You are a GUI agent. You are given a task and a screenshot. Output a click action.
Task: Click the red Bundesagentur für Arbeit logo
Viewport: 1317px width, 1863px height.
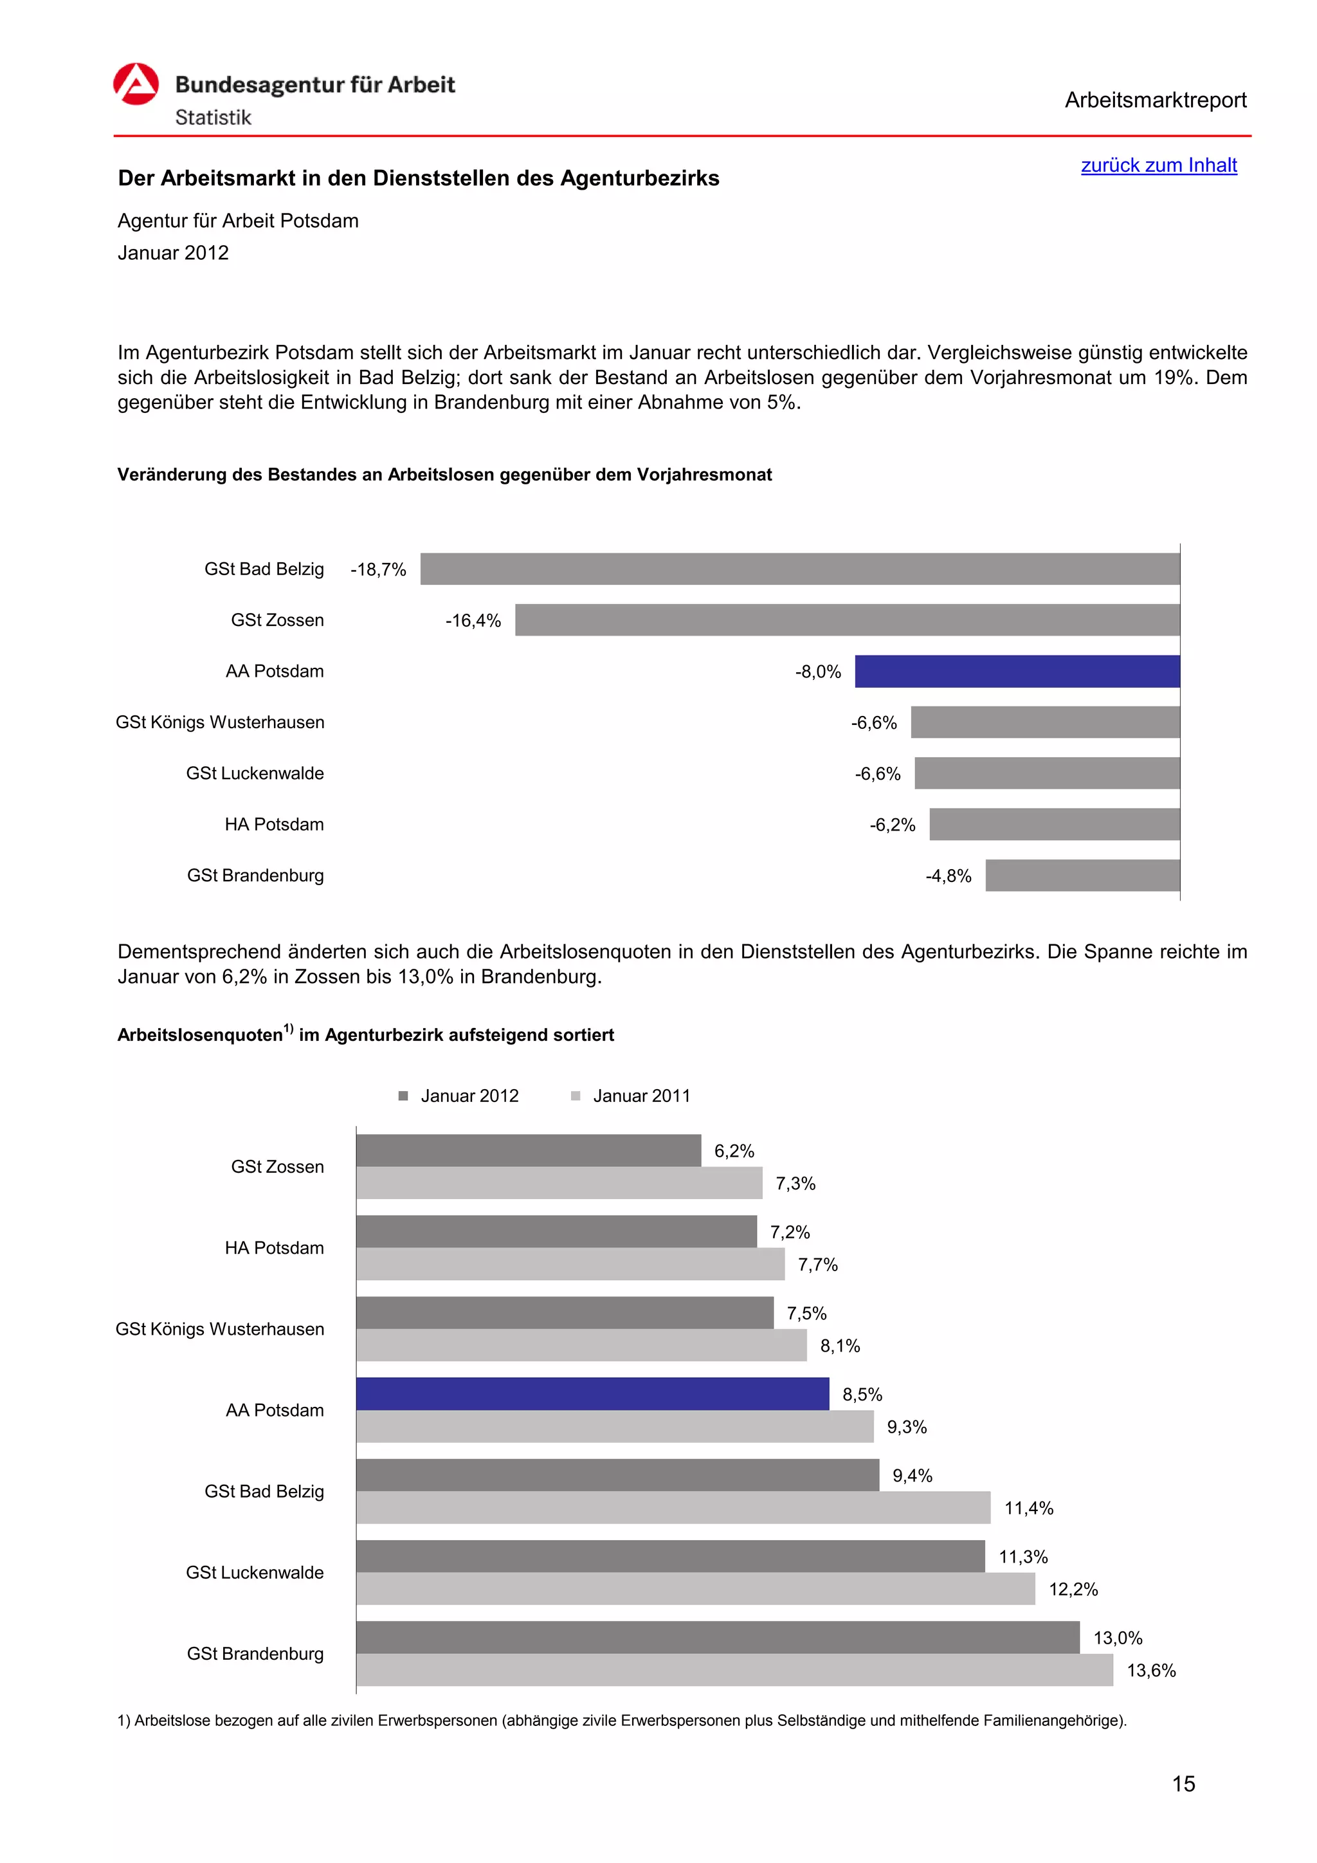(136, 84)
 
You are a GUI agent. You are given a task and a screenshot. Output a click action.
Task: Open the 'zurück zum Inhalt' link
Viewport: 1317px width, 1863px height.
(1158, 165)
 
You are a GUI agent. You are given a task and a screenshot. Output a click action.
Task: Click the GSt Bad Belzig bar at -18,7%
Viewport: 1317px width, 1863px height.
(799, 569)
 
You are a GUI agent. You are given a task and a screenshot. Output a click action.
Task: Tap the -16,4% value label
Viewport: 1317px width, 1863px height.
(473, 621)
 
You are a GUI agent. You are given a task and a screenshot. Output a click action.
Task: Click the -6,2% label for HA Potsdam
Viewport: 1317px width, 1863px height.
(892, 825)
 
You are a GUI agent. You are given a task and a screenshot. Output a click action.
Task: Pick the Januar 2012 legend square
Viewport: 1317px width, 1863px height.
(403, 1096)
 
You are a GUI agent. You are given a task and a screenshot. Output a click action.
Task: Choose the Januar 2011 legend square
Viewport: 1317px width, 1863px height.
(576, 1096)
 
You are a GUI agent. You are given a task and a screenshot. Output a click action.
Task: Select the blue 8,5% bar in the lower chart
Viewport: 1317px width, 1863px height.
(592, 1394)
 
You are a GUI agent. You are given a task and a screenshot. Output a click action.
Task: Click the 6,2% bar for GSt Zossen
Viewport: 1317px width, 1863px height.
(528, 1151)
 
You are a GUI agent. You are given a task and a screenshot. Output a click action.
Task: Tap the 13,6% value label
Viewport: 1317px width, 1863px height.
(1150, 1671)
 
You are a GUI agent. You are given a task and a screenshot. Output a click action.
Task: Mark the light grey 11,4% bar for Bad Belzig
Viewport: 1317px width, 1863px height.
(673, 1508)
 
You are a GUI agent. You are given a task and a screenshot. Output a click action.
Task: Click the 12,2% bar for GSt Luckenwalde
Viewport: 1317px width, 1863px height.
(695, 1589)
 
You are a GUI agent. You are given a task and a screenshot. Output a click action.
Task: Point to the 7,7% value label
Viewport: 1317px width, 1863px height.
(817, 1265)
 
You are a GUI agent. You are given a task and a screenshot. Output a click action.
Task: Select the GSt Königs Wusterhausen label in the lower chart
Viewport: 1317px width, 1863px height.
(220, 1329)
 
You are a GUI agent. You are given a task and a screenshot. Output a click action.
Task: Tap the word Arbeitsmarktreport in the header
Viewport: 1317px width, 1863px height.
(1155, 100)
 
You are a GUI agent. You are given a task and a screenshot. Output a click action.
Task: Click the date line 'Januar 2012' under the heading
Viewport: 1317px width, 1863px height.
(173, 253)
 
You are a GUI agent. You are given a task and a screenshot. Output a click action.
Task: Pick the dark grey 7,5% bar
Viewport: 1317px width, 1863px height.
(565, 1313)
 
